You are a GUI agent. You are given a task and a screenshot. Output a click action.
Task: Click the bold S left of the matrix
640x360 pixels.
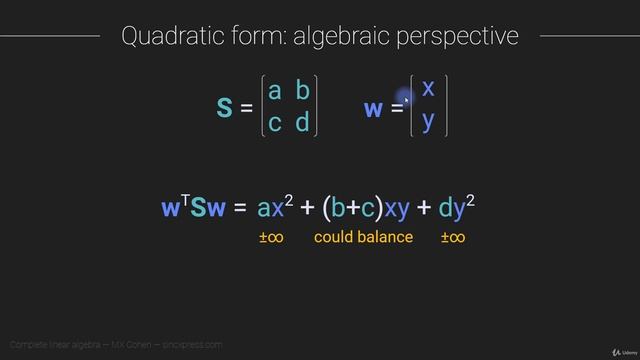coord(224,108)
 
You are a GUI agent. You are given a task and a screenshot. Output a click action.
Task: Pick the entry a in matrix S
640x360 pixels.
coord(275,92)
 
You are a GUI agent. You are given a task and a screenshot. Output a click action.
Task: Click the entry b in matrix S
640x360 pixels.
coord(303,92)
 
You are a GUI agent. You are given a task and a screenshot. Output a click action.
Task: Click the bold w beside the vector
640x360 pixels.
coord(373,108)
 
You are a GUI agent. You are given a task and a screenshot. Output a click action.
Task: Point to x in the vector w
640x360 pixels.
coord(428,88)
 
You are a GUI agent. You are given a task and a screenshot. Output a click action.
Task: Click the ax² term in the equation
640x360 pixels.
coord(274,207)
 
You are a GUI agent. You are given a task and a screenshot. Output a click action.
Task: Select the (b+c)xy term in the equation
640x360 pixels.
coord(365,208)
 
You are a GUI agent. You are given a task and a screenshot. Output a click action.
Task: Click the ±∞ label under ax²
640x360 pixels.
coord(270,237)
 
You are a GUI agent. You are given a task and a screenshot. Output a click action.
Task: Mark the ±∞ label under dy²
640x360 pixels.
coord(453,237)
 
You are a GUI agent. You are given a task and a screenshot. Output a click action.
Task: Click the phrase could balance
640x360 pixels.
coord(363,237)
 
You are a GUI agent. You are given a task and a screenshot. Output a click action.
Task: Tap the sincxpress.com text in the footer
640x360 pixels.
coord(196,345)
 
